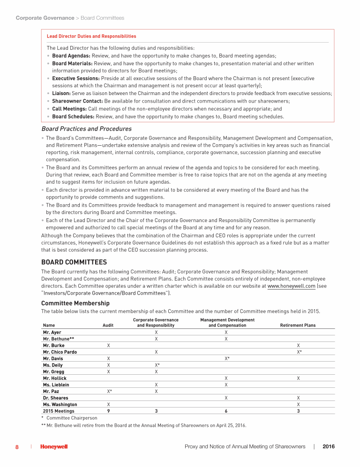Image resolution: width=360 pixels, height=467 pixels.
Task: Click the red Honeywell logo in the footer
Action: click(x=54, y=447)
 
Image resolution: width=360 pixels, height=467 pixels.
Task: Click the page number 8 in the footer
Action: click(x=17, y=447)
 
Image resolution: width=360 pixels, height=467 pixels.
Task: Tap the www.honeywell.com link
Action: click(x=291, y=286)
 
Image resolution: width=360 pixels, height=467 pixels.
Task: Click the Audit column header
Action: click(x=108, y=325)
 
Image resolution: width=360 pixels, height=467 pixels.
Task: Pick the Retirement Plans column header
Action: click(x=298, y=325)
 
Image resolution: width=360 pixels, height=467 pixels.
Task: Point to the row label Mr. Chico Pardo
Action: click(x=60, y=352)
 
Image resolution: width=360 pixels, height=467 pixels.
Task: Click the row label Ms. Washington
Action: click(x=60, y=404)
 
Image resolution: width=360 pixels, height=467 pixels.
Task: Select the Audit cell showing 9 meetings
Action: click(x=108, y=411)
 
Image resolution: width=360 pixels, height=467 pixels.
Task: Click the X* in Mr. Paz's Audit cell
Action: click(x=109, y=391)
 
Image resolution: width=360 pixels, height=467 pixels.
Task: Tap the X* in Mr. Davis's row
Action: click(x=227, y=358)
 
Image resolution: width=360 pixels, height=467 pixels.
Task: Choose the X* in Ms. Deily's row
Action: click(x=157, y=365)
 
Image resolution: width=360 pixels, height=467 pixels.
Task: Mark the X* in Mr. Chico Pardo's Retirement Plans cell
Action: click(x=299, y=352)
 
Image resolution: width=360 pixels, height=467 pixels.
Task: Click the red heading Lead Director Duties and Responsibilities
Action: click(x=91, y=36)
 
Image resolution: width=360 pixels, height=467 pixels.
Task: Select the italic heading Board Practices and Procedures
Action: click(x=87, y=129)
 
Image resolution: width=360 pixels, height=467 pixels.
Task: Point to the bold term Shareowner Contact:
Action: click(x=77, y=101)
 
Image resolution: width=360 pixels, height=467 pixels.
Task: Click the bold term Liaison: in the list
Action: click(x=61, y=94)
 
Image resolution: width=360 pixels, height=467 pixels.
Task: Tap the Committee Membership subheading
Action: click(x=75, y=303)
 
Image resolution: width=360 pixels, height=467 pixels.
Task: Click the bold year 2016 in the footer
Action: click(x=329, y=447)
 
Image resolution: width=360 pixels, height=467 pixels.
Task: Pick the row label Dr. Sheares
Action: click(x=55, y=398)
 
